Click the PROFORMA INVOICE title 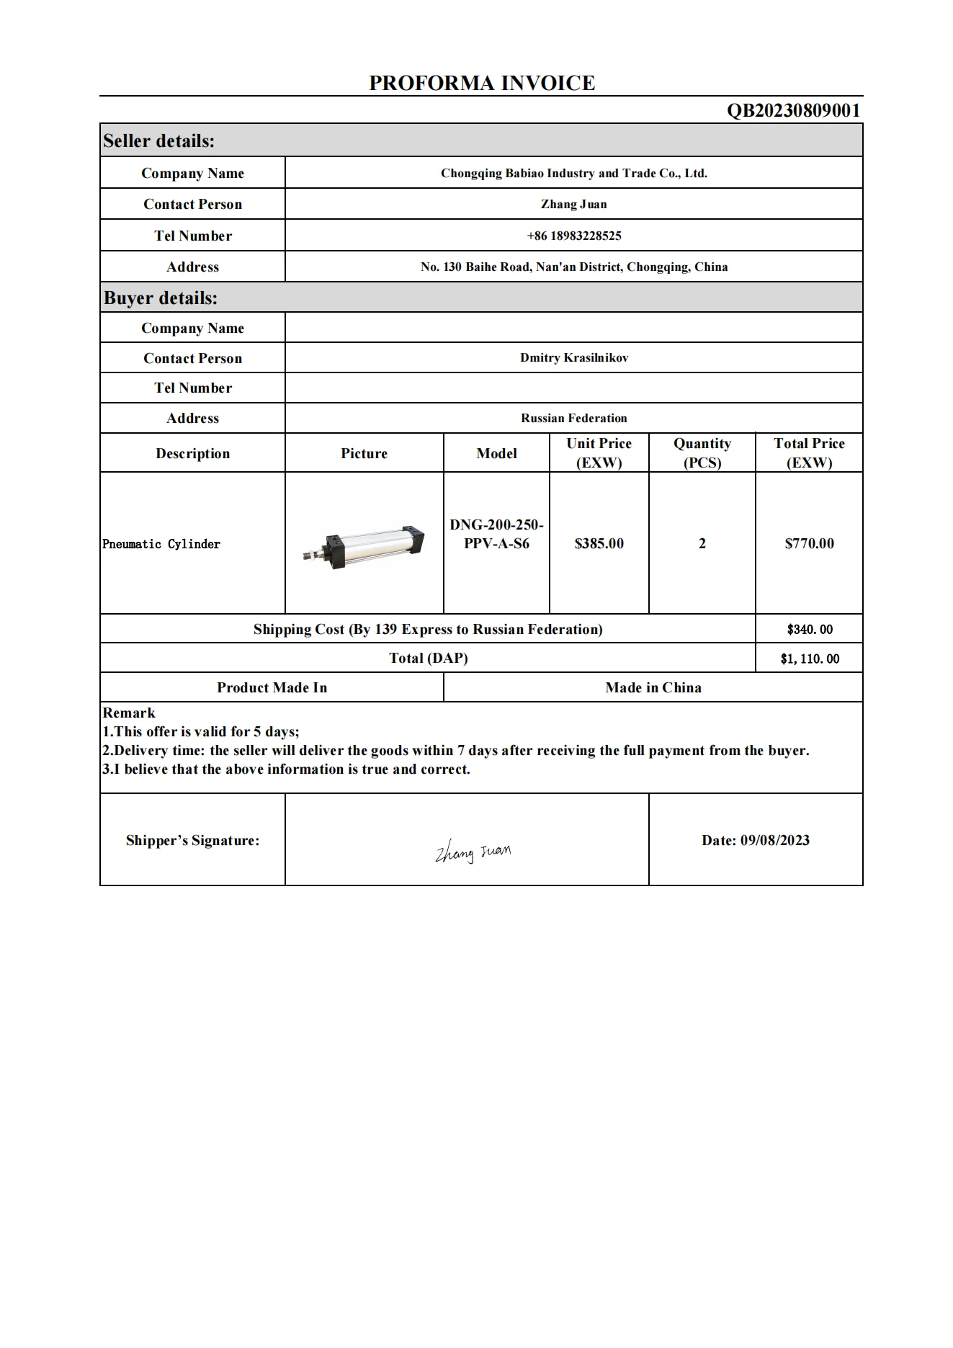click(x=482, y=83)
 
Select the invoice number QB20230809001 click(x=793, y=110)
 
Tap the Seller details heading click(x=159, y=141)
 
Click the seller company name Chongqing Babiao click(x=574, y=173)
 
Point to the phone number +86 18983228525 click(x=574, y=236)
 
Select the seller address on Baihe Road click(x=574, y=267)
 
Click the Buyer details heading click(x=161, y=298)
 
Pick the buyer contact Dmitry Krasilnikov click(x=574, y=357)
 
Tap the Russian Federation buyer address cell click(x=574, y=418)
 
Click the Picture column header click(x=364, y=453)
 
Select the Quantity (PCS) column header click(x=702, y=452)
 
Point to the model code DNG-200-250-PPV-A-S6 click(x=496, y=534)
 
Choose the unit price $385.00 click(x=599, y=543)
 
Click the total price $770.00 click(x=809, y=543)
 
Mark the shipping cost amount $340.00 click(x=810, y=629)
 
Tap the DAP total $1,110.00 click(x=810, y=659)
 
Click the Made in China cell click(x=653, y=687)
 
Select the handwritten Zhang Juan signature click(x=473, y=852)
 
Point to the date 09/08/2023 click(x=756, y=840)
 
